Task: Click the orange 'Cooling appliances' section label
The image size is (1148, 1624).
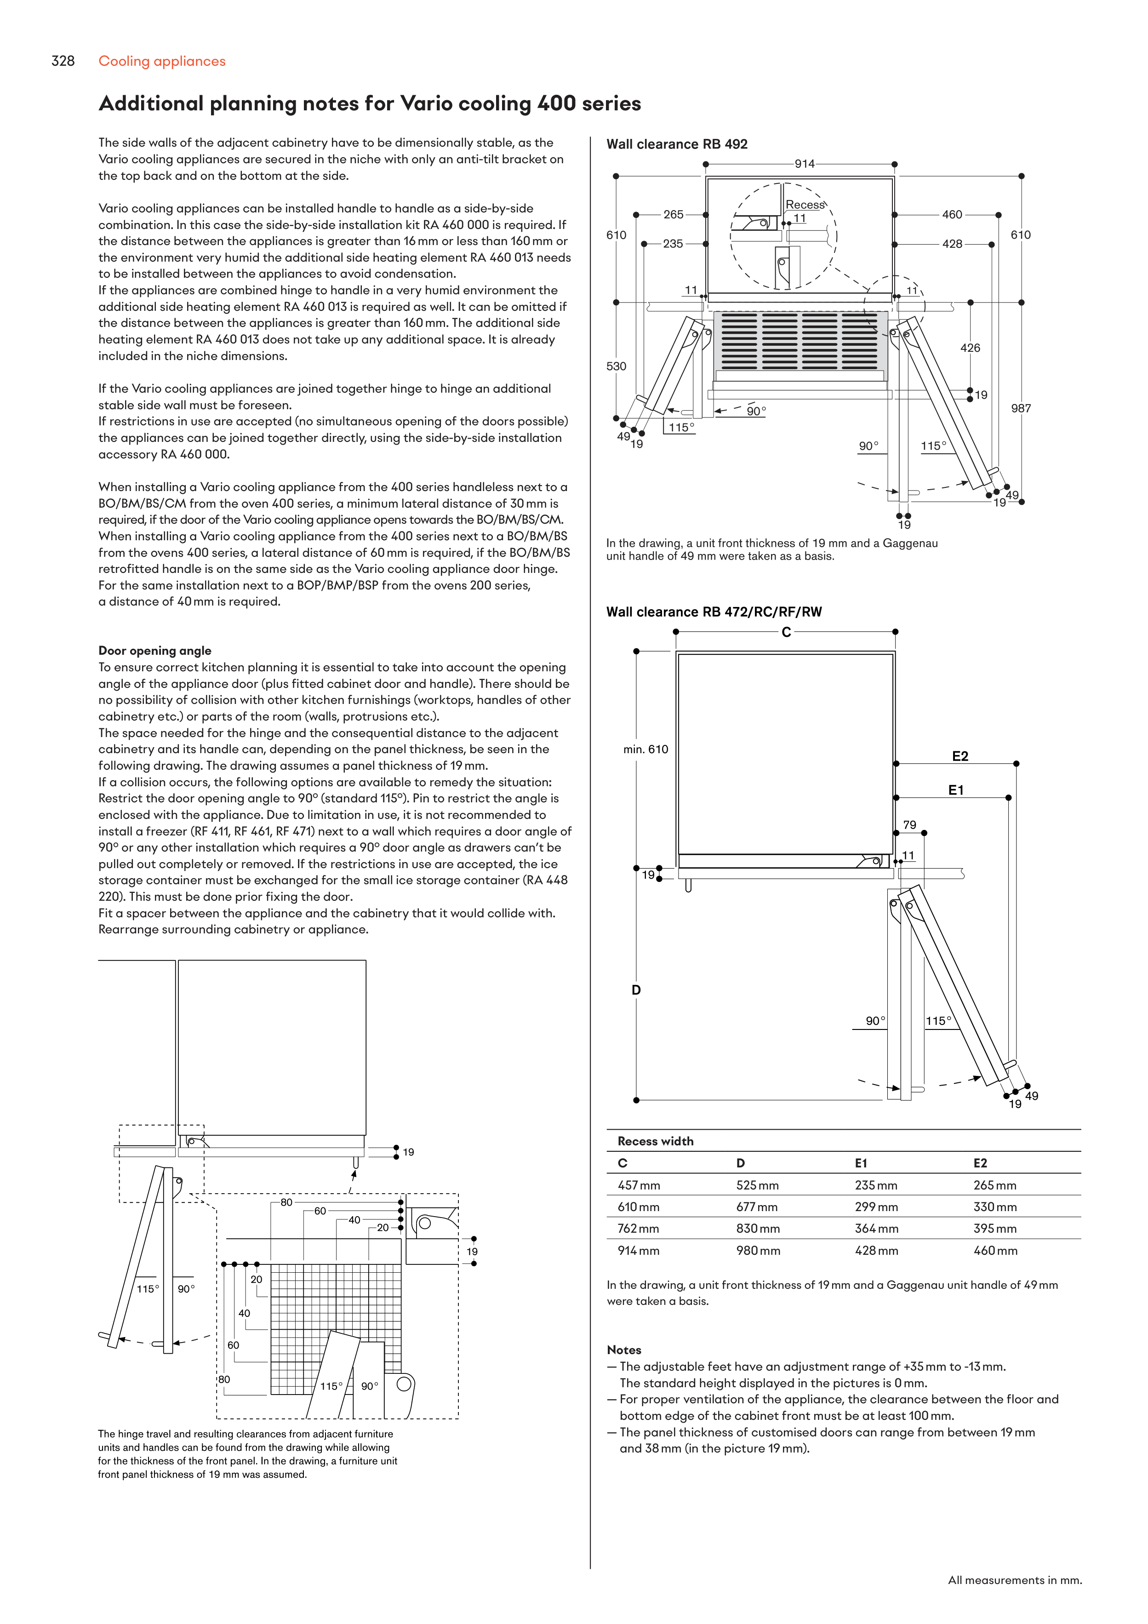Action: coord(162,62)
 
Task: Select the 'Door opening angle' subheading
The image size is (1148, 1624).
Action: coord(155,651)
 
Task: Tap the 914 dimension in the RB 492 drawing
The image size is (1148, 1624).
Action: coord(804,164)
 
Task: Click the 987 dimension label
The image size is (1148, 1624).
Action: coord(1021,409)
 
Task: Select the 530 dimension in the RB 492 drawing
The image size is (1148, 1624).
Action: coord(616,366)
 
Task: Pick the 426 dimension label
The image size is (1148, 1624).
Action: coord(970,348)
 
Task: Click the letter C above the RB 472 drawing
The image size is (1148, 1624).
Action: coord(786,632)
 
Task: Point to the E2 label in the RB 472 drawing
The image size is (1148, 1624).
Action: coord(960,757)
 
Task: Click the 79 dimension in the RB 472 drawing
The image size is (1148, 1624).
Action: coord(910,825)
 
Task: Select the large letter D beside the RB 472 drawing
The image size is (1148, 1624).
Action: coord(636,990)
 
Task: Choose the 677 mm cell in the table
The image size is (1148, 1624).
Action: coord(757,1207)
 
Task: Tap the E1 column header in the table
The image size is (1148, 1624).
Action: coord(861,1164)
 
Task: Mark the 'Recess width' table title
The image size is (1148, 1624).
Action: coord(655,1142)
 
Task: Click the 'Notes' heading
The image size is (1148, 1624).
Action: coord(624,1350)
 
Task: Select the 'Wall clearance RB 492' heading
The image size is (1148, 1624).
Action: coord(676,144)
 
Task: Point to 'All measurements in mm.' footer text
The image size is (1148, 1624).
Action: coord(1014,1580)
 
